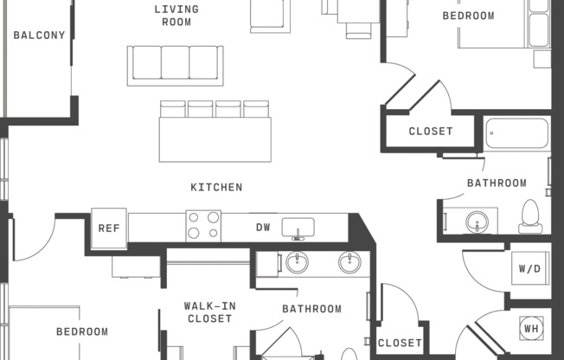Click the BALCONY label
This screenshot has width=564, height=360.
pyautogui.click(x=39, y=35)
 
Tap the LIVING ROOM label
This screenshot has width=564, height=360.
pyautogui.click(x=176, y=16)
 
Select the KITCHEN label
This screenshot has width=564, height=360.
pyautogui.click(x=216, y=187)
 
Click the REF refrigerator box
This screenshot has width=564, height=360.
pyautogui.click(x=109, y=228)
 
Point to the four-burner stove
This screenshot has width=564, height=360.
pyautogui.click(x=203, y=226)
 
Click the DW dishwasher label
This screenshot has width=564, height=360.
pyautogui.click(x=263, y=228)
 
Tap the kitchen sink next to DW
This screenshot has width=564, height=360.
pyautogui.click(x=298, y=228)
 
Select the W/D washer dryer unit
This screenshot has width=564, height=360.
pyautogui.click(x=530, y=268)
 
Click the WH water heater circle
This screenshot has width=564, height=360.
pyautogui.click(x=531, y=328)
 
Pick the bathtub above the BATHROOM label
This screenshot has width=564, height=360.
pyautogui.click(x=517, y=133)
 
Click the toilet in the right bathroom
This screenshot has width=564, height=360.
pyautogui.click(x=530, y=216)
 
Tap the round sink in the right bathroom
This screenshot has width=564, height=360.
pyautogui.click(x=477, y=222)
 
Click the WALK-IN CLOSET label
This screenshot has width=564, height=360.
pyautogui.click(x=209, y=312)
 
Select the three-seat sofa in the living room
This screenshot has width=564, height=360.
pyautogui.click(x=176, y=66)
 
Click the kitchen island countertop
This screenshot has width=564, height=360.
pyautogui.click(x=215, y=139)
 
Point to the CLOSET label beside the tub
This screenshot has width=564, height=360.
pyautogui.click(x=431, y=131)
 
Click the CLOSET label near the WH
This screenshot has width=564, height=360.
pyautogui.click(x=400, y=343)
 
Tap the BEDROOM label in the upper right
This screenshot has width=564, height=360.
pyautogui.click(x=468, y=16)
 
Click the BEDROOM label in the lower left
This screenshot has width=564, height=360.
pyautogui.click(x=82, y=331)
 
